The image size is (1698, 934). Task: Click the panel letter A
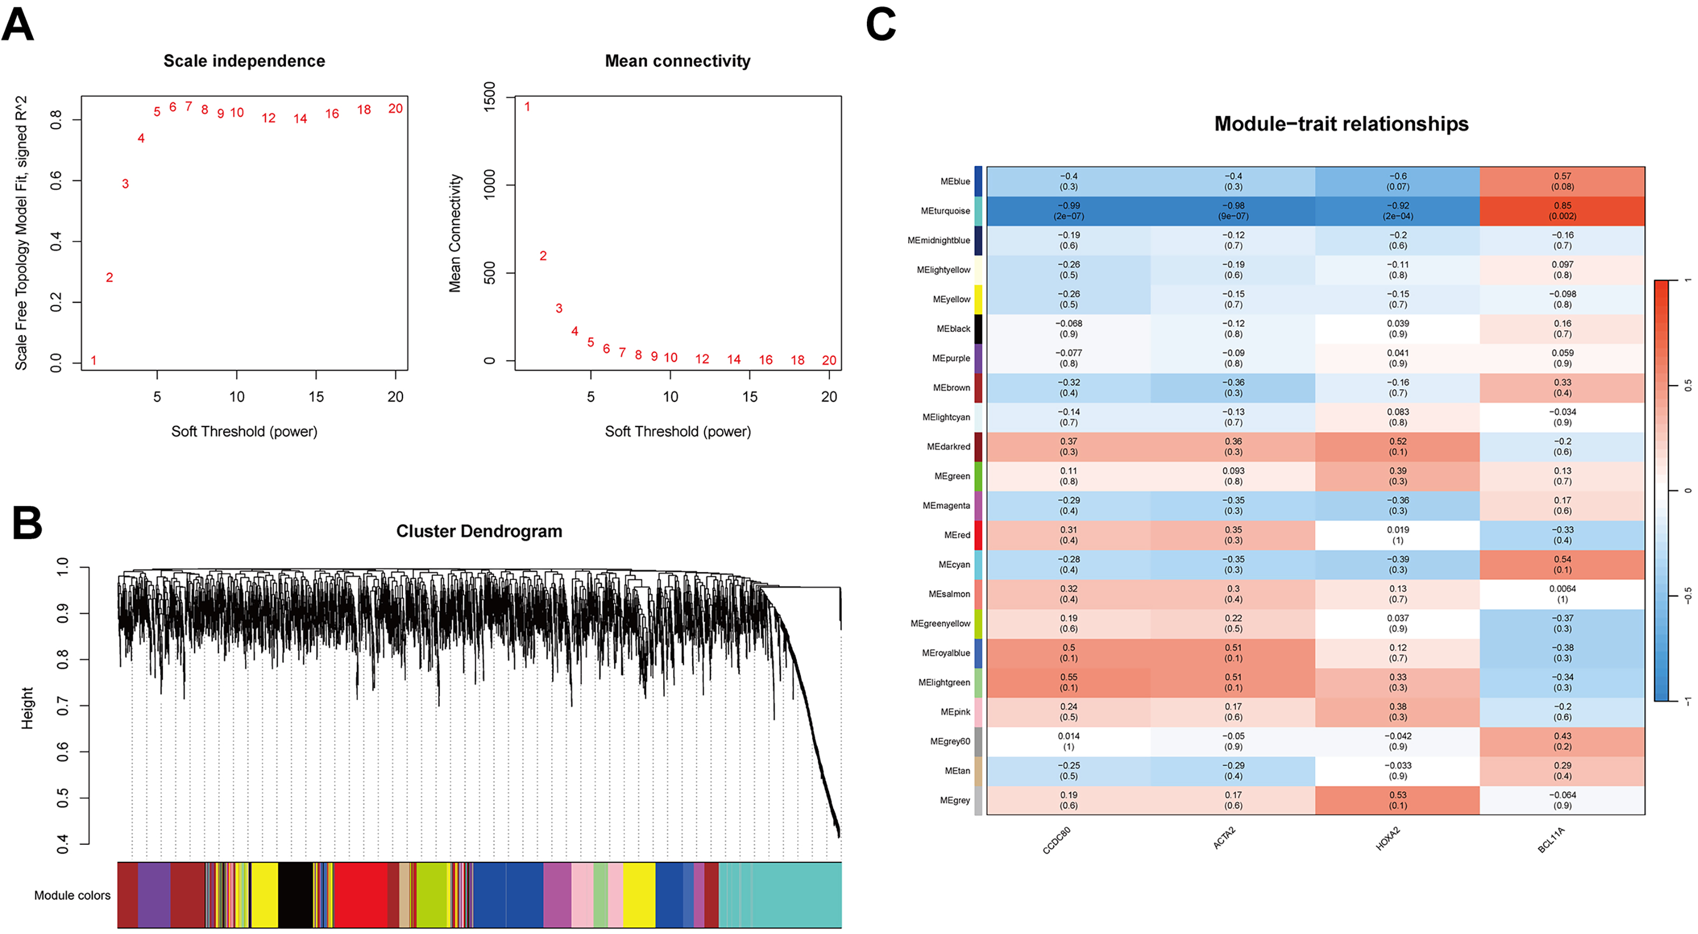(x=18, y=24)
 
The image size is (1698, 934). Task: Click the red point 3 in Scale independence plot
(x=125, y=184)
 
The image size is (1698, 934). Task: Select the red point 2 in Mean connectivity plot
(x=543, y=256)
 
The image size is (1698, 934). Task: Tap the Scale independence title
(x=244, y=61)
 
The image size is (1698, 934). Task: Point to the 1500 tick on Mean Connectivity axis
(x=489, y=97)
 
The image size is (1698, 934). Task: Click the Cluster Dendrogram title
(x=479, y=531)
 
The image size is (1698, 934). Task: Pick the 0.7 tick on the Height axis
(x=63, y=706)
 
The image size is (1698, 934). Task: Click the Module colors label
(x=72, y=895)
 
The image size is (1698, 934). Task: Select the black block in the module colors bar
(x=295, y=895)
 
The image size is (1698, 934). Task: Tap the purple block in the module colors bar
(x=154, y=895)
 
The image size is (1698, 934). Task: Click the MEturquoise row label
(x=945, y=211)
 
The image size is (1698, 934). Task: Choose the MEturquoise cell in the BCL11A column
(x=1562, y=211)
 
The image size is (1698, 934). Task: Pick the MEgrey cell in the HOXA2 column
(x=1398, y=800)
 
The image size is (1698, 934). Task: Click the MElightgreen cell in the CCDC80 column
(x=1069, y=683)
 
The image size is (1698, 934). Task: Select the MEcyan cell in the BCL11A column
(x=1562, y=565)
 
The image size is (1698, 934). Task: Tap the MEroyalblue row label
(x=946, y=653)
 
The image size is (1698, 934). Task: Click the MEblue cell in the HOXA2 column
(x=1398, y=181)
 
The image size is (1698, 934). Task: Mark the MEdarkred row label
(x=949, y=446)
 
